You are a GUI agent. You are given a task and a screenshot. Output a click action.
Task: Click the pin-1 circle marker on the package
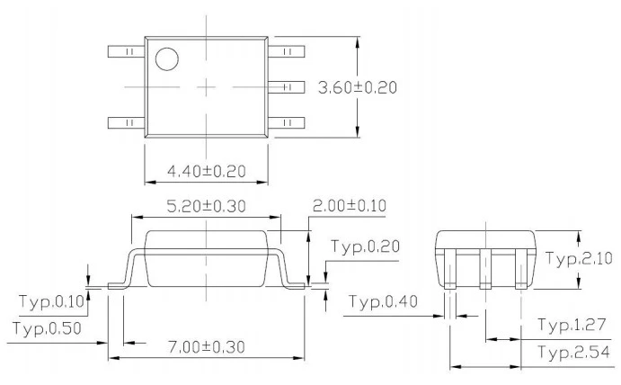tap(167, 59)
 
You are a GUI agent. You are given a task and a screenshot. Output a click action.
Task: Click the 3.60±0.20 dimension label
tap(358, 87)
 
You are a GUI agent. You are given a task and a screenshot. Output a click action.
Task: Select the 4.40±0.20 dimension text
tap(207, 171)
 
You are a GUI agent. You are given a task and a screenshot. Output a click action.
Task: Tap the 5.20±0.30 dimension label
tap(206, 206)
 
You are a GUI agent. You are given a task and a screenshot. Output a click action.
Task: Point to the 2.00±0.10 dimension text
tap(350, 206)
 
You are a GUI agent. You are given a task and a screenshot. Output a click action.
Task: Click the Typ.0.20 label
tap(365, 246)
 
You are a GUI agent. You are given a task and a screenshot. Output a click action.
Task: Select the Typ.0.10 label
tap(52, 301)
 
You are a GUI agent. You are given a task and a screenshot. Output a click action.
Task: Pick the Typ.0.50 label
tap(47, 328)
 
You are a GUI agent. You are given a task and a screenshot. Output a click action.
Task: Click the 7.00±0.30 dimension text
tap(207, 347)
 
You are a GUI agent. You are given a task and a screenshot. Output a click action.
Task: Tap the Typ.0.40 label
tap(383, 301)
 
